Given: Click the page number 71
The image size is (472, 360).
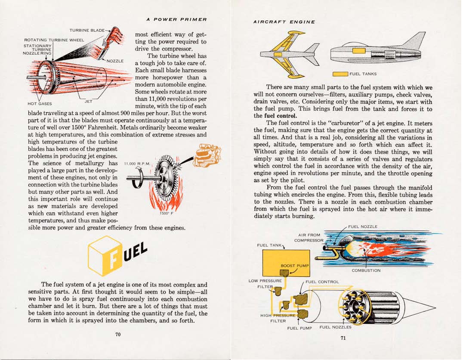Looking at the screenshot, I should [x=343, y=338].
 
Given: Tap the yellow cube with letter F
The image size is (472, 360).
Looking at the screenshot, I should [x=105, y=256].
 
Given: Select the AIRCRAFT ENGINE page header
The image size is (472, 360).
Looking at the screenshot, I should [x=284, y=22].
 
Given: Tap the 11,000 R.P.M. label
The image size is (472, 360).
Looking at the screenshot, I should [x=136, y=164].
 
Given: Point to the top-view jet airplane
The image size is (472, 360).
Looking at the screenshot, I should [x=289, y=53].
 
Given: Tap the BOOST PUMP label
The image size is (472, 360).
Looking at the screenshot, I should [x=294, y=266].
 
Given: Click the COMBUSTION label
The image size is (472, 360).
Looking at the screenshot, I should [x=366, y=270].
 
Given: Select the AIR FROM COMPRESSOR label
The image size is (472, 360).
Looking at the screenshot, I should [x=308, y=237].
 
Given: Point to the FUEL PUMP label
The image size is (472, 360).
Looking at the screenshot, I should [x=299, y=328].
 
